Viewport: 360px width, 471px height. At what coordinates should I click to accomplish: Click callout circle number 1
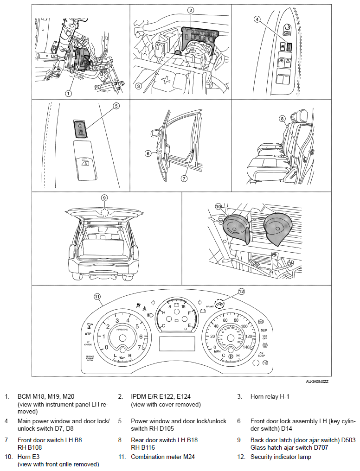point(68,93)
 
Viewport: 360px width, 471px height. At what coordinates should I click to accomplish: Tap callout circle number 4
point(257,19)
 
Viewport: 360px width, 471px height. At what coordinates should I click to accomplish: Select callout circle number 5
point(116,106)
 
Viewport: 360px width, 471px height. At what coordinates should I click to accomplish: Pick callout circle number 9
point(104,197)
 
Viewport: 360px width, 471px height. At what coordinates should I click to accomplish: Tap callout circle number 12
point(241,291)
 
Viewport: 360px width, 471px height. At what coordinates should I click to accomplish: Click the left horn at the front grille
point(234,227)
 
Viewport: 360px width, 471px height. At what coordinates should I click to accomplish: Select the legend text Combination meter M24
point(162,457)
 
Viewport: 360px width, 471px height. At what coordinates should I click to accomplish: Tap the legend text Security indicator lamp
point(281,457)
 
